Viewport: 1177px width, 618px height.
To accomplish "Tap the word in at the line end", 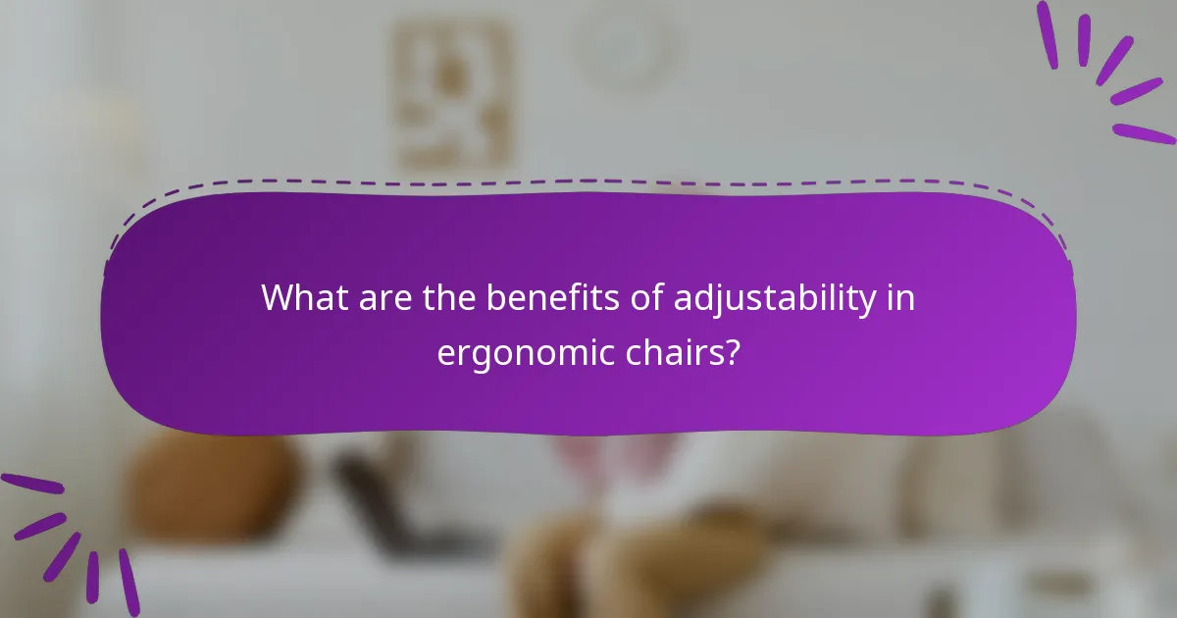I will pyautogui.click(x=901, y=297).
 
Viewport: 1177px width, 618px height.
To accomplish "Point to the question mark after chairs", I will pyautogui.click(x=732, y=350).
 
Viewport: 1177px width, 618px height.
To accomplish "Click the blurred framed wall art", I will pyautogui.click(x=453, y=93).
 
